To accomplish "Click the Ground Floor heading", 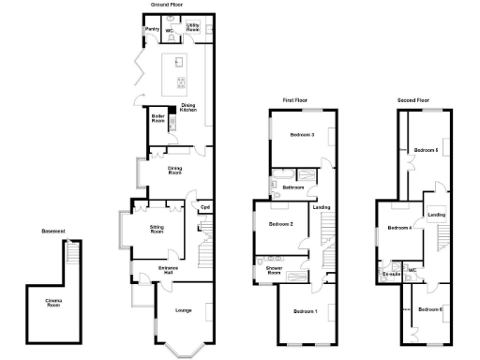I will pos(167,4).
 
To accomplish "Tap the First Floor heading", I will pos(297,99).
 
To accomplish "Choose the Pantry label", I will pos(152,29).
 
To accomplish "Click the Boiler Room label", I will pos(158,118).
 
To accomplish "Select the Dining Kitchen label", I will pos(188,108).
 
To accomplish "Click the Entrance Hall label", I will pos(169,271).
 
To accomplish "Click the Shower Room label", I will pos(276,272).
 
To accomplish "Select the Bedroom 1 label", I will pos(305,310).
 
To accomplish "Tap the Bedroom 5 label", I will pos(427,150).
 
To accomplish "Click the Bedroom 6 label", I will pos(430,309).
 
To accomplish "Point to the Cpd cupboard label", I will pos(203,207).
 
